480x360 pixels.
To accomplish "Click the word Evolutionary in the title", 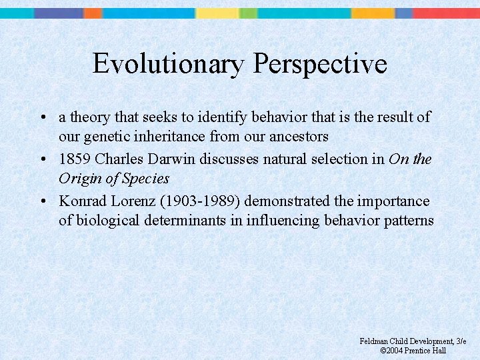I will pos(169,64).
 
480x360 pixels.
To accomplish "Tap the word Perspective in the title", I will pos(320,64).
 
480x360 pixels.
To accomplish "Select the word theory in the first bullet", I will pos(91,117).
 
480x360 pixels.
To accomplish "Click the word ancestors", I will pos(295,137).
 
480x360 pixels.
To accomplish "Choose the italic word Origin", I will pos(80,179).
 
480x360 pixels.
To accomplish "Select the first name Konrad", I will pos(81,201).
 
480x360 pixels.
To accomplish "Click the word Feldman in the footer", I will pos(373,341).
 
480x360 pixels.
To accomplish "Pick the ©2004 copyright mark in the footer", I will pos(391,351).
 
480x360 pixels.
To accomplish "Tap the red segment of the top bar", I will pos(447,13).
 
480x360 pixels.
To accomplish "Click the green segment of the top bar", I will pos(248,13).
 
